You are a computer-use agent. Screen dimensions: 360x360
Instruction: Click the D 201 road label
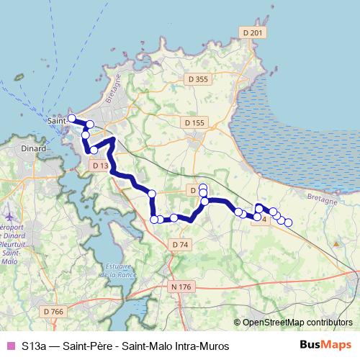point(253,32)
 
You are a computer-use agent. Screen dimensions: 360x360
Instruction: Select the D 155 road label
point(194,123)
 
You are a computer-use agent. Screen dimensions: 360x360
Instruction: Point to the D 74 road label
point(180,245)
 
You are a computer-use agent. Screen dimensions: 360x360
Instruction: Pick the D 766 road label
point(53,311)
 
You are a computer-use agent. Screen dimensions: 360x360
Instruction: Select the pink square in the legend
point(10,346)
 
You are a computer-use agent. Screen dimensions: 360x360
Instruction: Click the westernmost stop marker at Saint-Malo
point(71,118)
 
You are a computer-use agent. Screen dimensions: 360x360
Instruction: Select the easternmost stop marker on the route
point(288,223)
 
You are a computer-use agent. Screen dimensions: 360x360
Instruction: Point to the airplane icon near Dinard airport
point(9,216)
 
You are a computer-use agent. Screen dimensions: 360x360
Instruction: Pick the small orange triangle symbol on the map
point(336,243)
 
